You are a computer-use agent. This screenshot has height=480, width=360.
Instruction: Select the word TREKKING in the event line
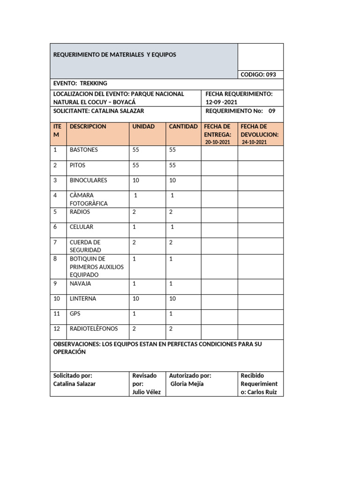(94, 82)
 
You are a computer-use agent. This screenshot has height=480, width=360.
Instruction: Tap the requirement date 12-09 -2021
(225, 102)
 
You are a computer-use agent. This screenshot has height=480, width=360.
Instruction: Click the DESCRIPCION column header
(88, 127)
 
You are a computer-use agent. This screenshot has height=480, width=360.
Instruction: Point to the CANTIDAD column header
(183, 127)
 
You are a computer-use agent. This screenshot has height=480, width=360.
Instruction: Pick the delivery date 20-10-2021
(218, 142)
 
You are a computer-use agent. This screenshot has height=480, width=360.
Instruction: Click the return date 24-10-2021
(255, 142)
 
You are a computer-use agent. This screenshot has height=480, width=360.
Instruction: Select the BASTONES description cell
(84, 150)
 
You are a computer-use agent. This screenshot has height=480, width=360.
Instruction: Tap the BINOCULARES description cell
(88, 180)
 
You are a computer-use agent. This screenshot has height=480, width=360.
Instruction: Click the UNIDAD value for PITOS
(136, 165)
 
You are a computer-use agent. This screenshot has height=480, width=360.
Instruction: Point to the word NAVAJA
(81, 284)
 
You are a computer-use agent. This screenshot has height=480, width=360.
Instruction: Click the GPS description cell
(75, 314)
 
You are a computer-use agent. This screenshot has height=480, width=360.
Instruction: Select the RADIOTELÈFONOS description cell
(94, 329)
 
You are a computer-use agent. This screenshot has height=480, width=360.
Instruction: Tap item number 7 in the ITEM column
(55, 242)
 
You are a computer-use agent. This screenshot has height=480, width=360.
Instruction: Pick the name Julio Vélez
(147, 392)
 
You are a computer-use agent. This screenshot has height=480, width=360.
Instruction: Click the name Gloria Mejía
(187, 383)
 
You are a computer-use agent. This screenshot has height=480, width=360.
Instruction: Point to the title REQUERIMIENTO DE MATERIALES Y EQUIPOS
(115, 55)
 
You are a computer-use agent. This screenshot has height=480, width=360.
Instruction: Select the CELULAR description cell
(82, 227)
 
